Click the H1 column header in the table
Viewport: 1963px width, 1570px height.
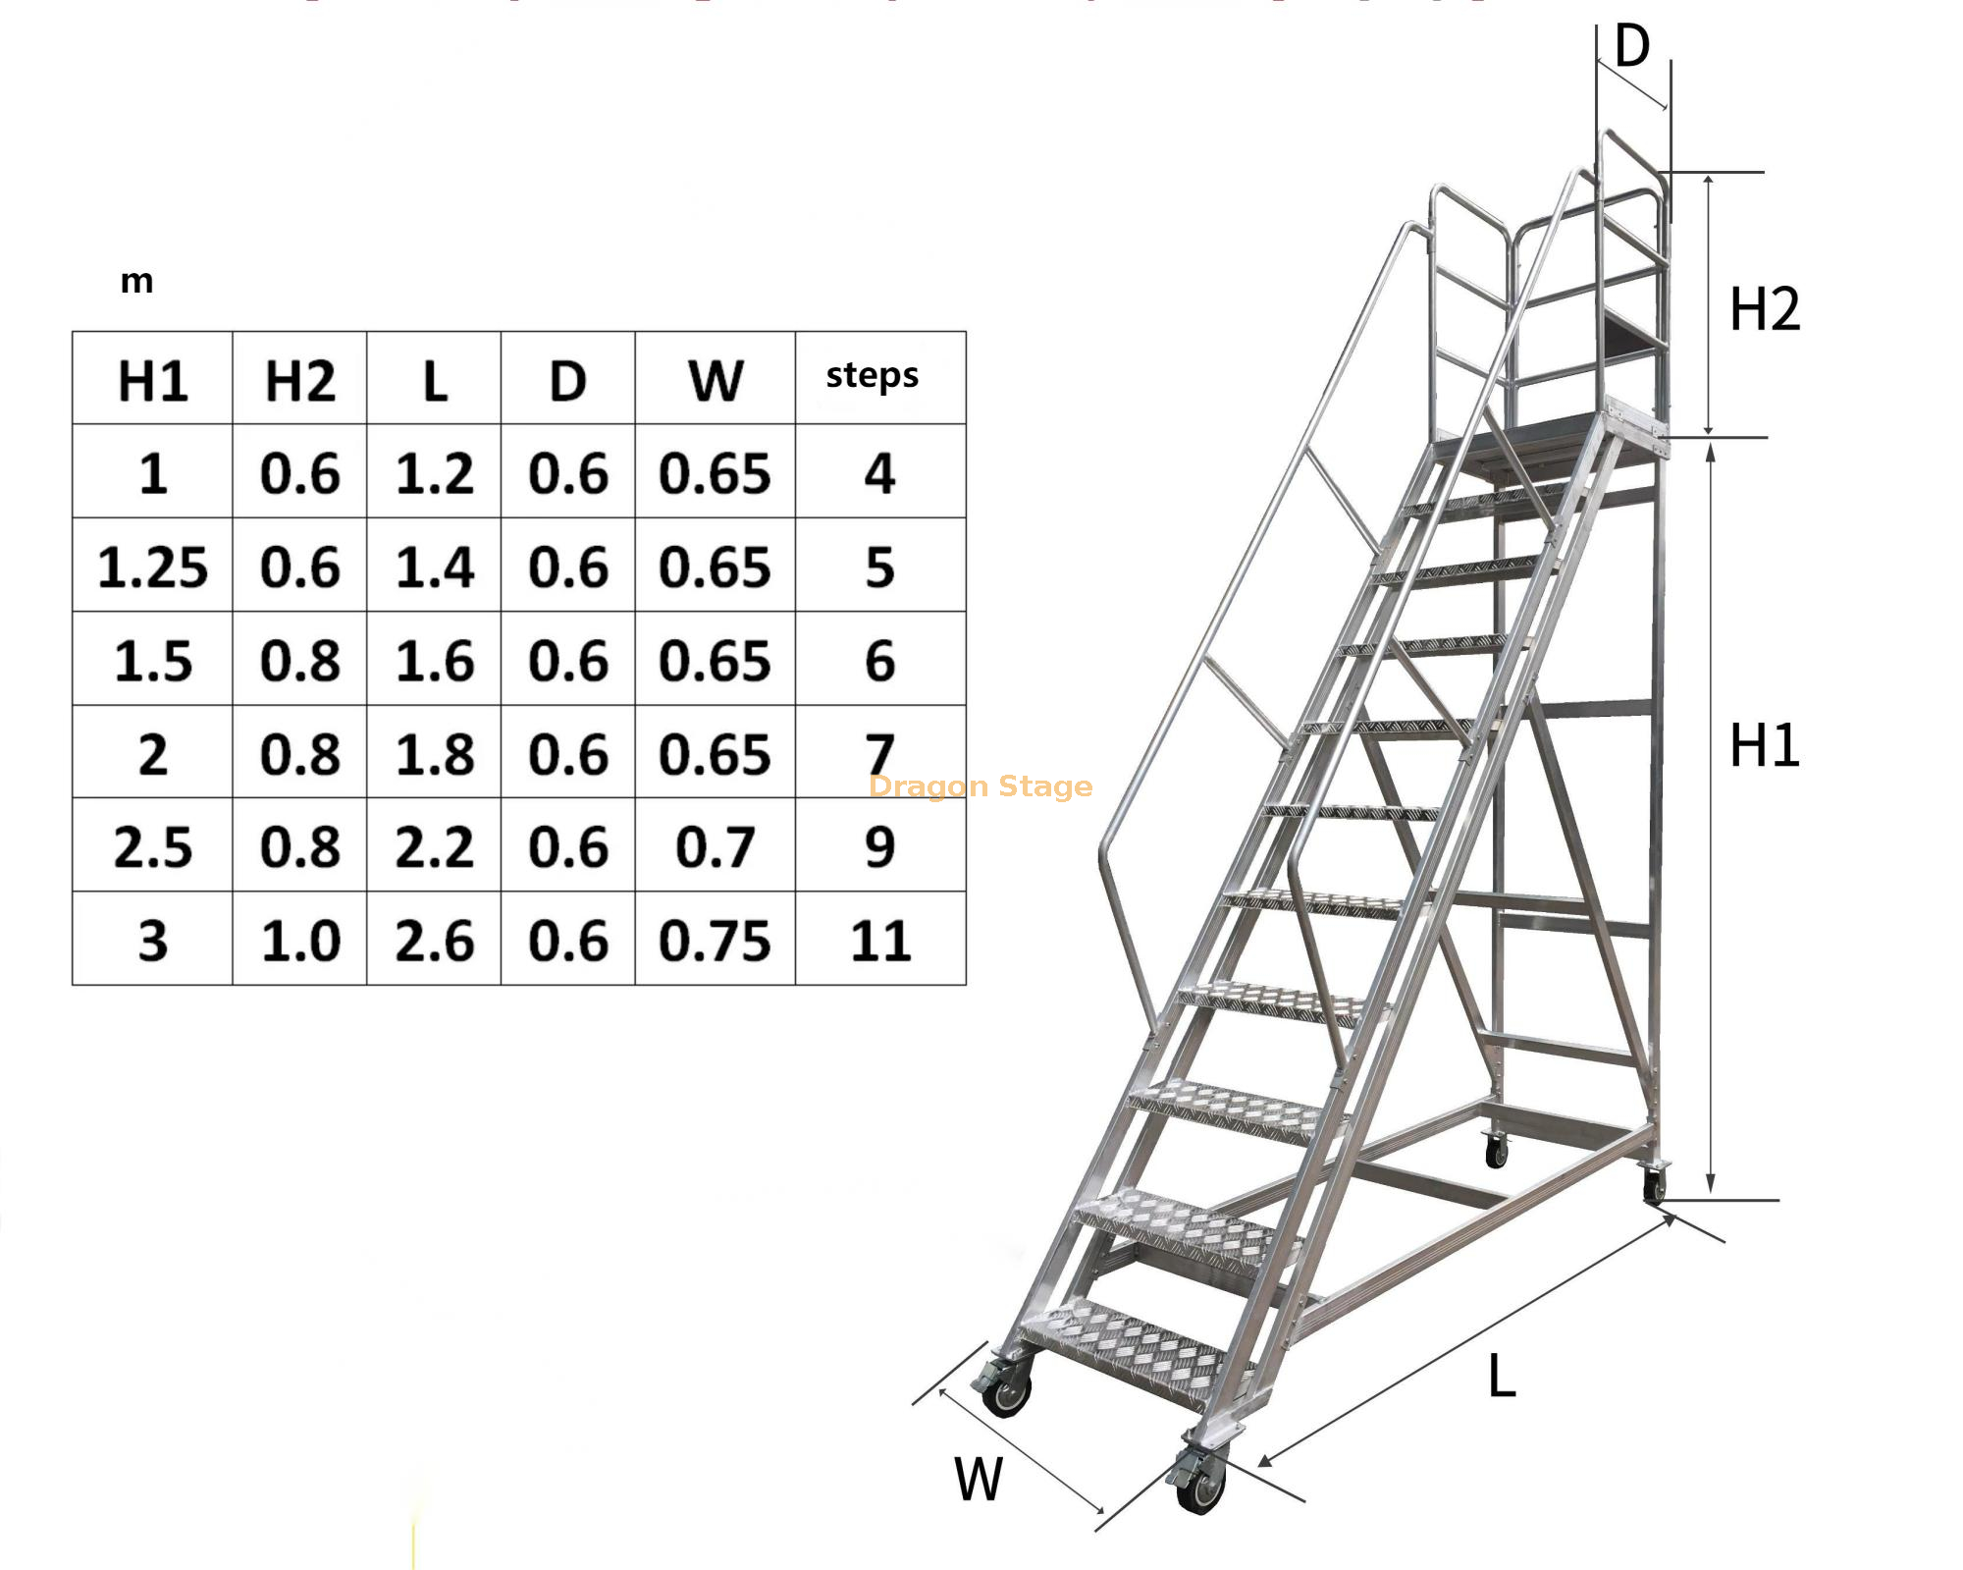(152, 381)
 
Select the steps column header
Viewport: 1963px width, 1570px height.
(872, 376)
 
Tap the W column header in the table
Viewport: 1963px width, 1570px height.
(715, 381)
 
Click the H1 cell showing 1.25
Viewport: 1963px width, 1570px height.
(152, 568)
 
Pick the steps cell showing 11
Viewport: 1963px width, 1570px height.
(880, 941)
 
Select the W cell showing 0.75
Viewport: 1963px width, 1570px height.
(715, 941)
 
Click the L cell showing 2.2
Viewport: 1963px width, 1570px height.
(434, 847)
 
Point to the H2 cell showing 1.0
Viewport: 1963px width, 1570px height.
(299, 941)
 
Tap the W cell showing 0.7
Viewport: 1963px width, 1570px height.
(715, 847)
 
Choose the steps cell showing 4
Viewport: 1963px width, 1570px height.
(880, 474)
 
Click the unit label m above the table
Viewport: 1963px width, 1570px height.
(136, 282)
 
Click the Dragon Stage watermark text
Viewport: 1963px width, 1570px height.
(981, 786)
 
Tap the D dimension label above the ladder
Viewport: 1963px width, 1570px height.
(1632, 46)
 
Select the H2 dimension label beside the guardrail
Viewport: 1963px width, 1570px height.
(1764, 309)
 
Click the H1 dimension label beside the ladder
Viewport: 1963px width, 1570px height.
(1764, 745)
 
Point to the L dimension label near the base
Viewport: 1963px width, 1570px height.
(1502, 1376)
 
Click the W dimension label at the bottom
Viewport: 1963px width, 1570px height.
(979, 1479)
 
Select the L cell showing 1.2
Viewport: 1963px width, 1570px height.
(434, 474)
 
